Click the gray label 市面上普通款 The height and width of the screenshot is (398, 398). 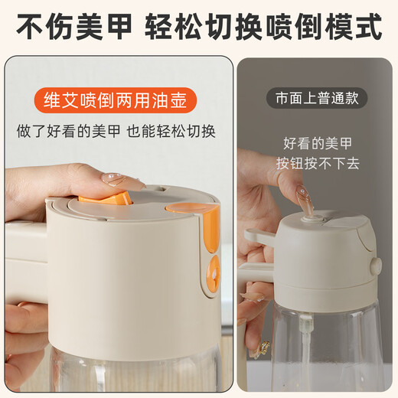(317, 98)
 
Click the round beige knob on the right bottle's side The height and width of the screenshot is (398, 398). (375, 266)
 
